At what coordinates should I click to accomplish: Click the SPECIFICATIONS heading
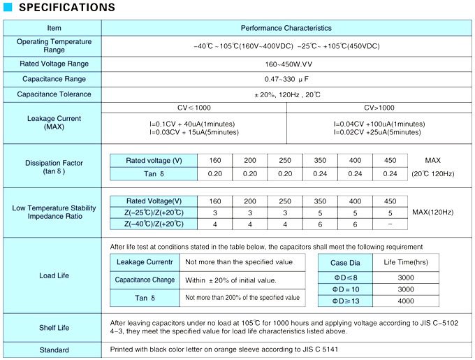(x=66, y=8)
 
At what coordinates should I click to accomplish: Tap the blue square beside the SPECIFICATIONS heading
(x=8, y=8)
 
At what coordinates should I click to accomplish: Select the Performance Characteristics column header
(x=286, y=28)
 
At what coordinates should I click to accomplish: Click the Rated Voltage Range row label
(x=54, y=64)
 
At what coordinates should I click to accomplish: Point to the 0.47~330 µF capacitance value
(x=286, y=79)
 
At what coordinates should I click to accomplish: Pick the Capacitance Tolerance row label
(x=54, y=94)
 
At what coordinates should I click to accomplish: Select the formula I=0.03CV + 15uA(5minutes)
(x=191, y=131)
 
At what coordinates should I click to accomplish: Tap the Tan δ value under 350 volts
(x=320, y=174)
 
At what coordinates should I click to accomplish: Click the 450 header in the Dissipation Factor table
(x=390, y=161)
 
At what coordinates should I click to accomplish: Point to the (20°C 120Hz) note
(x=432, y=174)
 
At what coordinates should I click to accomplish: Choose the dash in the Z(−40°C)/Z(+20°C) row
(x=390, y=224)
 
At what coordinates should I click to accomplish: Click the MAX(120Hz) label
(x=432, y=212)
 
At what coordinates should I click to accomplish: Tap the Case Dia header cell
(x=345, y=262)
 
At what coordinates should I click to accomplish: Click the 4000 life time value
(x=405, y=301)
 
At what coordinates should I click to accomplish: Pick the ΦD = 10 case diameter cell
(x=345, y=289)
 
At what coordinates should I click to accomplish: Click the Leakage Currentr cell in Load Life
(x=145, y=262)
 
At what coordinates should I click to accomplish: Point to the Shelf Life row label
(x=54, y=327)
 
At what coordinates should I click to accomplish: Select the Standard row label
(x=54, y=350)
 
